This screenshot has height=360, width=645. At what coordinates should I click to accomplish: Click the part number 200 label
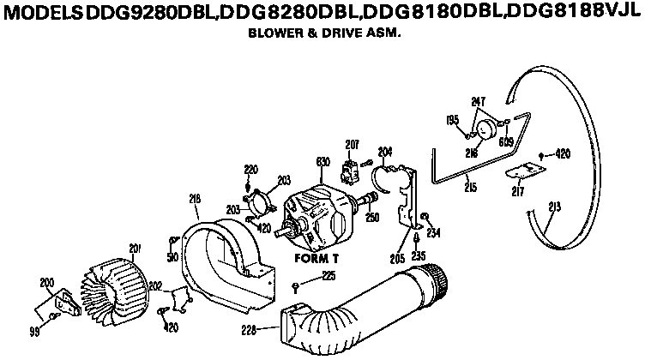click(46, 281)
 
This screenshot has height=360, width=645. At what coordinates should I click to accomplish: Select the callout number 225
click(328, 275)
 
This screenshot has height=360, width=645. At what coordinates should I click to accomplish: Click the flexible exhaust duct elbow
click(360, 304)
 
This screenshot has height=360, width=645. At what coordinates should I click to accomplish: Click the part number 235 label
click(418, 255)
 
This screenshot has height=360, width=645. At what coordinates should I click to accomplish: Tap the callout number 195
click(451, 120)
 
